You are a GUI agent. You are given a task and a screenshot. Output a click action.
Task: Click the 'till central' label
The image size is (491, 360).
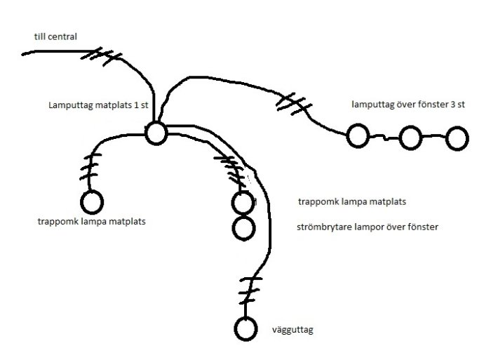tap(55, 36)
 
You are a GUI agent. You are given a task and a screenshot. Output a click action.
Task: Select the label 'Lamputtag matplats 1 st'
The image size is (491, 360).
tap(98, 105)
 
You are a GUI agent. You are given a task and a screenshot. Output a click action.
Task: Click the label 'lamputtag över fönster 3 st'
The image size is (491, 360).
tap(408, 105)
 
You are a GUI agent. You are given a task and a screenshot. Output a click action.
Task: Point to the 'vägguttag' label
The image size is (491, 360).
tap(292, 330)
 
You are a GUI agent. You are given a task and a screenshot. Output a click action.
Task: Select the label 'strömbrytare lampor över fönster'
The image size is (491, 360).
tap(368, 227)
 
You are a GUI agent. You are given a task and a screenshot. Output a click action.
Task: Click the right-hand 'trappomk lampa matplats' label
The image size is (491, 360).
tap(352, 201)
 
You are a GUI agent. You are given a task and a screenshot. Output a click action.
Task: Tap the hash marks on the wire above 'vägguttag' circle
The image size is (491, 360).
tap(250, 291)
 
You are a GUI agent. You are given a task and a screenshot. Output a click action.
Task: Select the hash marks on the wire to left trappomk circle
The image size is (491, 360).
tap(90, 167)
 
